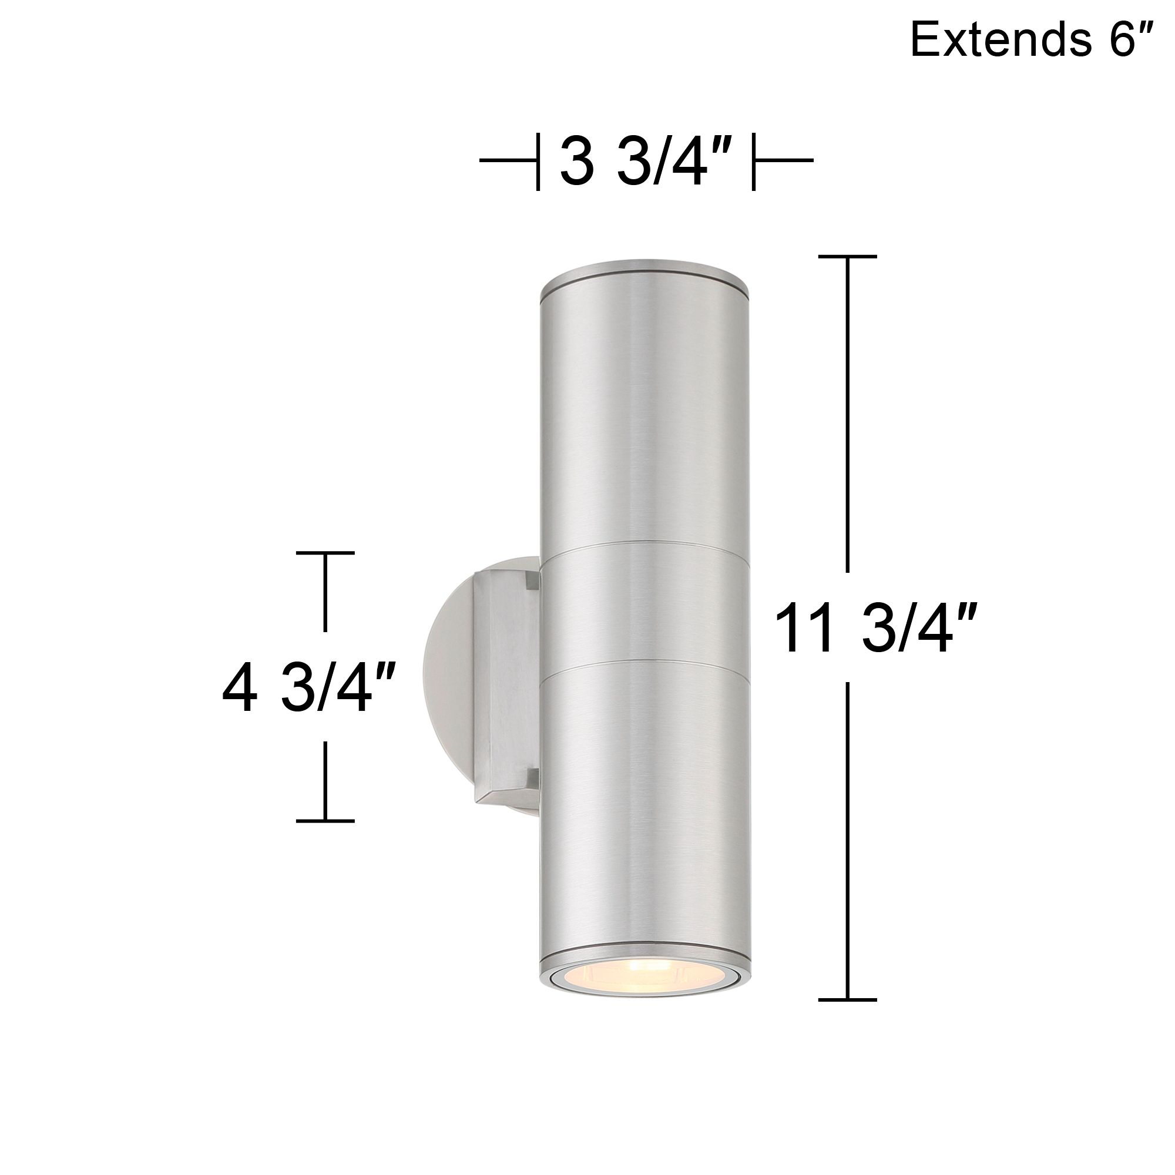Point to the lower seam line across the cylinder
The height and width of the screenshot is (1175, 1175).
646,670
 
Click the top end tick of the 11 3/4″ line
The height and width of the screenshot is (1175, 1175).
847,257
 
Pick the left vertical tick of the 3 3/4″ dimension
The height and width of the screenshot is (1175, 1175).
538,161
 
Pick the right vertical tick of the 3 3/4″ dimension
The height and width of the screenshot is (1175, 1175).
754,161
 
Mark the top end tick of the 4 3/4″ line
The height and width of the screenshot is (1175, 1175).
325,553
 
